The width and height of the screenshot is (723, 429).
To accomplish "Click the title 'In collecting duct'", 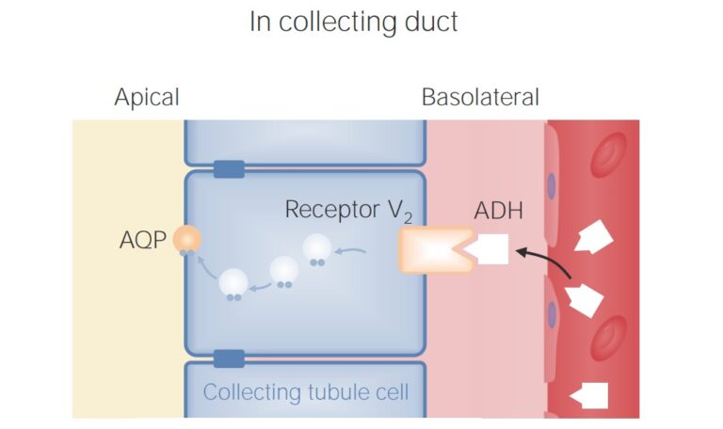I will tap(353, 22).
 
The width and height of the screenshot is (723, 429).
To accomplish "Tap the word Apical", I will tap(146, 97).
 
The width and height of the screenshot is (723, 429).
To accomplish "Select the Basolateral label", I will tap(480, 97).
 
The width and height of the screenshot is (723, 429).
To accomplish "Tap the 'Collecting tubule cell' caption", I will tap(306, 391).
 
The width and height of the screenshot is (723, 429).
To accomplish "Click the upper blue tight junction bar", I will tap(229, 169).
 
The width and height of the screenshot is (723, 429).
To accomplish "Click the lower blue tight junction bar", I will tap(229, 357).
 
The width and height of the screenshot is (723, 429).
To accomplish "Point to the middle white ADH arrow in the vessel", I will tap(586, 300).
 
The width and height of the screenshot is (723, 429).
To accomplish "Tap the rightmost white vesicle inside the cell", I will tap(317, 248).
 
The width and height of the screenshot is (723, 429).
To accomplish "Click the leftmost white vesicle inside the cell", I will tap(233, 282).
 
